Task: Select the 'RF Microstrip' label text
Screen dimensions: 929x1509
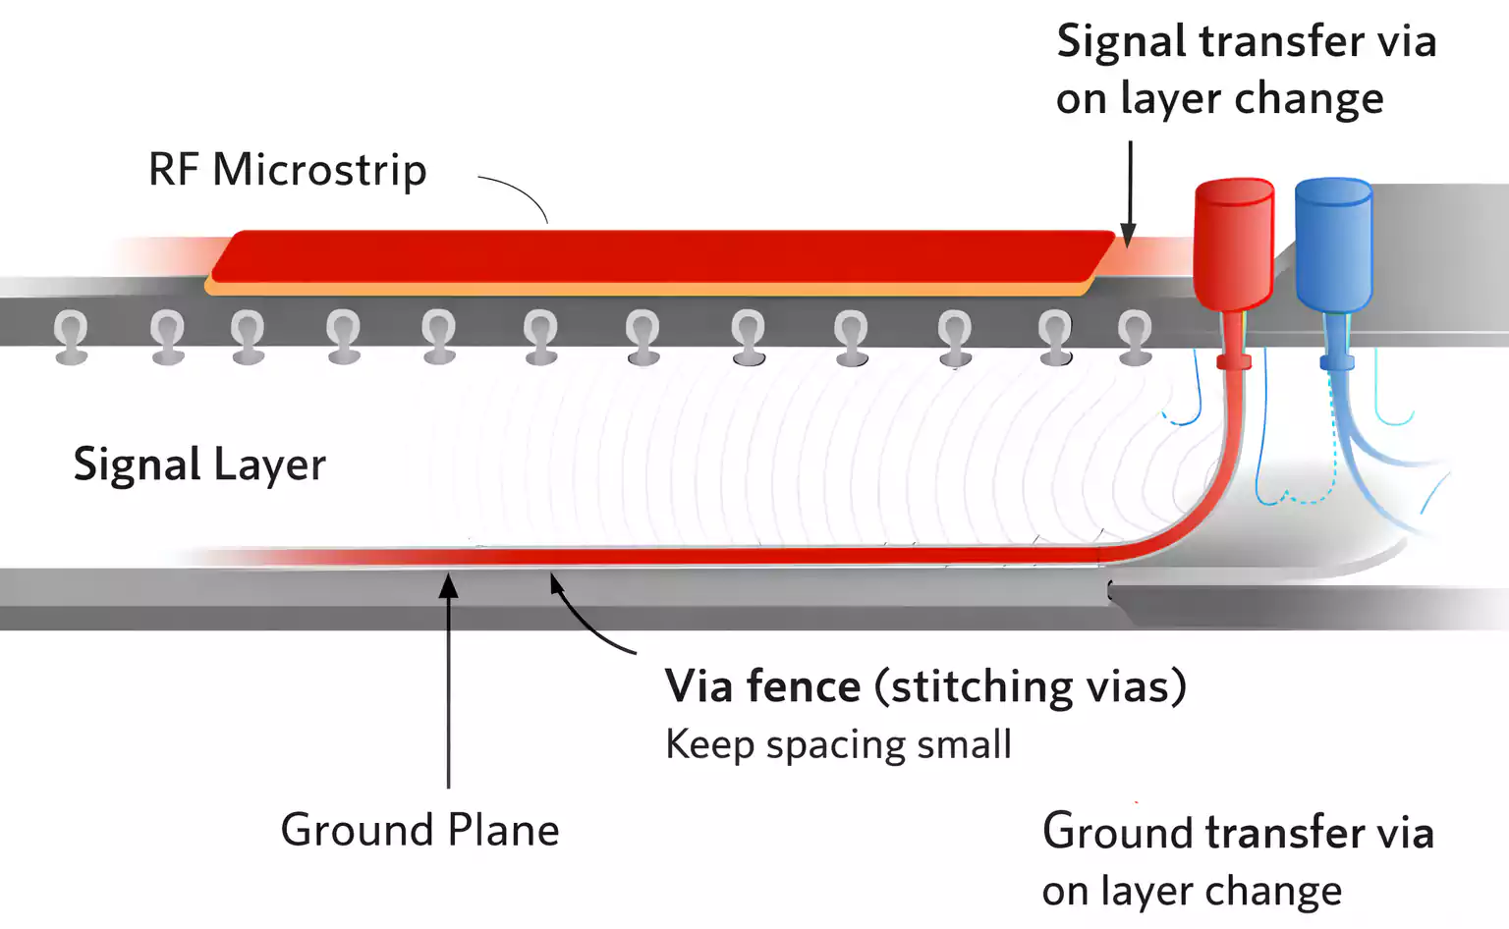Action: (x=287, y=170)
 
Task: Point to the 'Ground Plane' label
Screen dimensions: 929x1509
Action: (x=419, y=831)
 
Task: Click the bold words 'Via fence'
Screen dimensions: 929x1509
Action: (x=762, y=686)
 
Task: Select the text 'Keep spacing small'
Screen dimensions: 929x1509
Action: (x=838, y=744)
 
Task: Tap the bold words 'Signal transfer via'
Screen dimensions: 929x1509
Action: (x=1246, y=42)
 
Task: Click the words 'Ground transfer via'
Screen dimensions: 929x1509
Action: (x=1238, y=833)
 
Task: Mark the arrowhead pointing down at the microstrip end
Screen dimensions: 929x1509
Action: (x=1129, y=236)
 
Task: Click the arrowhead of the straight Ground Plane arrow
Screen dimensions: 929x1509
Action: (x=448, y=586)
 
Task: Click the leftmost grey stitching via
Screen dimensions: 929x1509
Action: (x=71, y=336)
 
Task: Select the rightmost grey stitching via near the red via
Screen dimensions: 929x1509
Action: (x=1135, y=336)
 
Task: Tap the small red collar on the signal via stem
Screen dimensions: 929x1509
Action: (x=1234, y=362)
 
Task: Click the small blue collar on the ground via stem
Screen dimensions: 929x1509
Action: (x=1336, y=363)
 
